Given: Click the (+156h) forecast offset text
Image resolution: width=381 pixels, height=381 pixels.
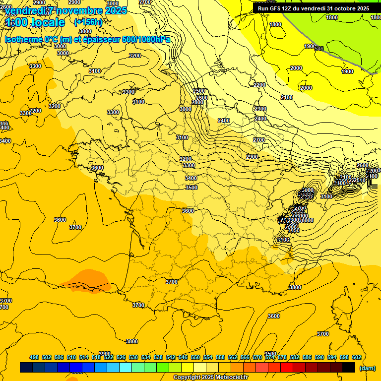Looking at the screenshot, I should point(88,22).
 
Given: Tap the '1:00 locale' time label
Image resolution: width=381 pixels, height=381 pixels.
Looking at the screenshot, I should point(35,22).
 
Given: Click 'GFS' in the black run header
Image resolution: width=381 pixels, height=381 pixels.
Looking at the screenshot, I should point(277,8).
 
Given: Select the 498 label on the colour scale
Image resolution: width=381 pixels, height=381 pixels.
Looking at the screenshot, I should point(34,357).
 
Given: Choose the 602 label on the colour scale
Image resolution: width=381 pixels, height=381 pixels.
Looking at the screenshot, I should point(356,357).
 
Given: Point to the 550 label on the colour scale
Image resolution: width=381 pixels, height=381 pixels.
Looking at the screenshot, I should point(195,357).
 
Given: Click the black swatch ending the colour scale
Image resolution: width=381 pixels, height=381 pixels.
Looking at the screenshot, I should point(349,368).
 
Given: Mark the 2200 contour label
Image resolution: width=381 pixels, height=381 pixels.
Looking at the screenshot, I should point(259,85).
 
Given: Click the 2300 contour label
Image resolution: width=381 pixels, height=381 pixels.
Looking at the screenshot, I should point(260,109).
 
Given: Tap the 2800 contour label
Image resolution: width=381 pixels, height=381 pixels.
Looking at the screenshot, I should point(204,103).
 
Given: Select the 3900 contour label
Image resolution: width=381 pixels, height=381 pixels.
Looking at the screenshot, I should point(105,353).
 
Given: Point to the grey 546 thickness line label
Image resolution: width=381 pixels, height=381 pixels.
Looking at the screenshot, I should point(319,49).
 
